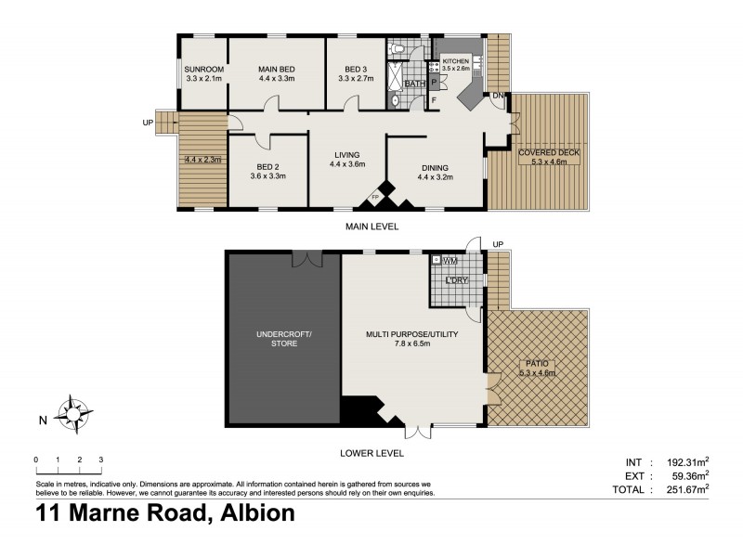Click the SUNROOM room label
[x=202, y=70]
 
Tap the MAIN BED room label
[x=277, y=70]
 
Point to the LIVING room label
[x=343, y=155]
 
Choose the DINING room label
[x=435, y=167]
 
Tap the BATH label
[x=414, y=84]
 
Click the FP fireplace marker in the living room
[x=375, y=198]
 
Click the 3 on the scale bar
[x=100, y=460]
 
